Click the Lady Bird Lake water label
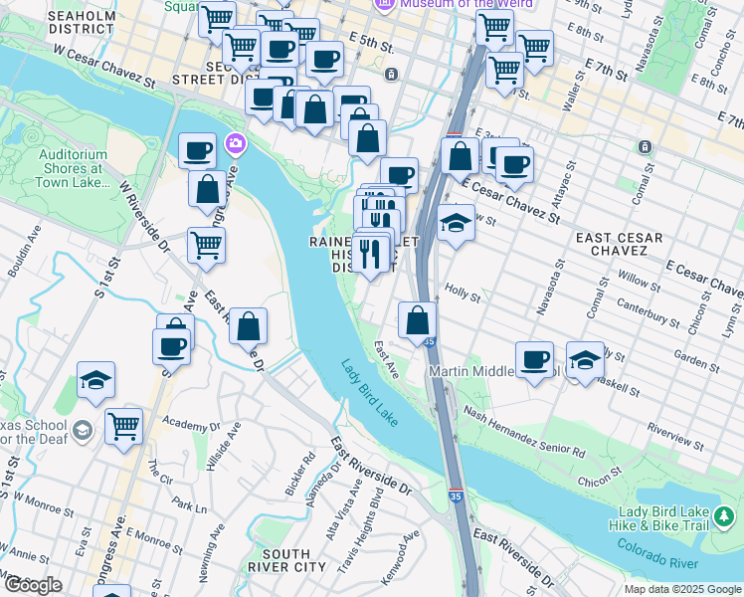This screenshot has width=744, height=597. [x=372, y=394]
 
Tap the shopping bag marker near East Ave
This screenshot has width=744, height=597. [x=418, y=320]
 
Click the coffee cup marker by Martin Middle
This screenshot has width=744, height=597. [x=535, y=359]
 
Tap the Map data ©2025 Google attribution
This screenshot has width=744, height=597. [x=681, y=589]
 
